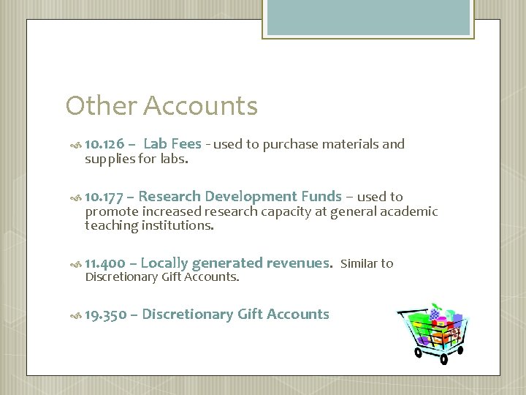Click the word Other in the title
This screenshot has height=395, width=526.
(102, 106)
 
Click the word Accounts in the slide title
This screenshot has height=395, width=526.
(200, 106)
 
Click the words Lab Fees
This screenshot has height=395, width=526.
(172, 144)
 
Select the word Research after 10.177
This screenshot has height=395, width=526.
(169, 196)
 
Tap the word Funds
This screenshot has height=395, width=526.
(321, 196)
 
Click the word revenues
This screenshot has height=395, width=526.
(299, 263)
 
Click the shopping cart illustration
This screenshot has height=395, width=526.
(434, 330)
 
